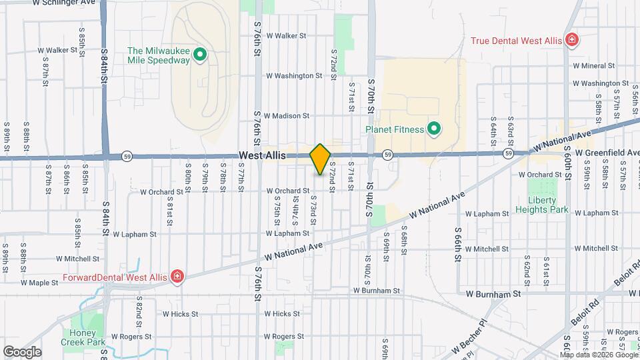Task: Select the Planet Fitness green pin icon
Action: point(433,128)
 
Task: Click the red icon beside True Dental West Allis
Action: point(571,41)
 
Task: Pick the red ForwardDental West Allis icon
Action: point(177,277)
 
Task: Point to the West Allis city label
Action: point(263,155)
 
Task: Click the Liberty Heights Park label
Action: point(547,205)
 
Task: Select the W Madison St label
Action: point(286,115)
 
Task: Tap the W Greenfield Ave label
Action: point(607,153)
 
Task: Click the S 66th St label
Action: point(459,247)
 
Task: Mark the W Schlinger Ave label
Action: point(63,3)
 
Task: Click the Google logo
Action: point(22,351)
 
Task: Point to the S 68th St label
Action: point(404,244)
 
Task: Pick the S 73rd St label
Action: point(313,205)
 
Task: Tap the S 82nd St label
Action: point(139,308)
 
